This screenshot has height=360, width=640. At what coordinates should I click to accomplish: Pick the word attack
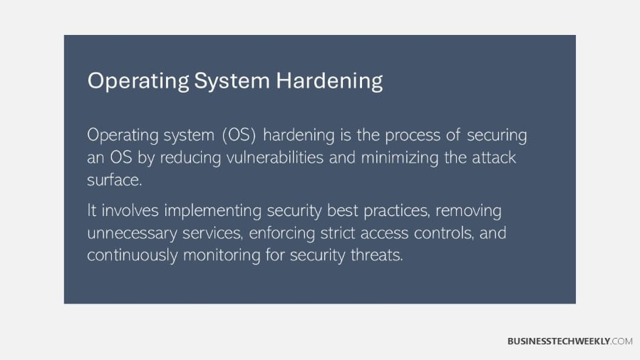[492, 157]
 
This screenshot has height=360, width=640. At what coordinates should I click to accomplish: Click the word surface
[114, 180]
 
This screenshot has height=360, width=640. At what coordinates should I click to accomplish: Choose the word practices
[393, 212]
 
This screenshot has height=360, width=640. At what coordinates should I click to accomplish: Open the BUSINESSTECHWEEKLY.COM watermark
[569, 341]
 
